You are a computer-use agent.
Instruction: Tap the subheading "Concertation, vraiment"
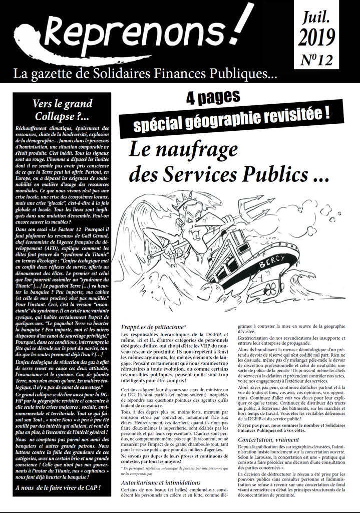click(275, 439)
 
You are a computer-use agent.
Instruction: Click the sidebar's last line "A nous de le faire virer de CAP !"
click(58, 487)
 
